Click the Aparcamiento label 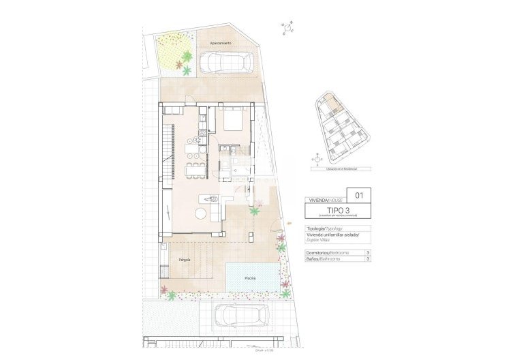(x=220, y=43)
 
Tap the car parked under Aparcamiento (x=225, y=63)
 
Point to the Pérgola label (x=185, y=260)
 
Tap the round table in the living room (x=201, y=213)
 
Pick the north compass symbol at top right (x=288, y=28)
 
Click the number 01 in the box (x=359, y=196)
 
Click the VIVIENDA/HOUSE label (x=327, y=200)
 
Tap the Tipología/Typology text (x=324, y=229)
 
